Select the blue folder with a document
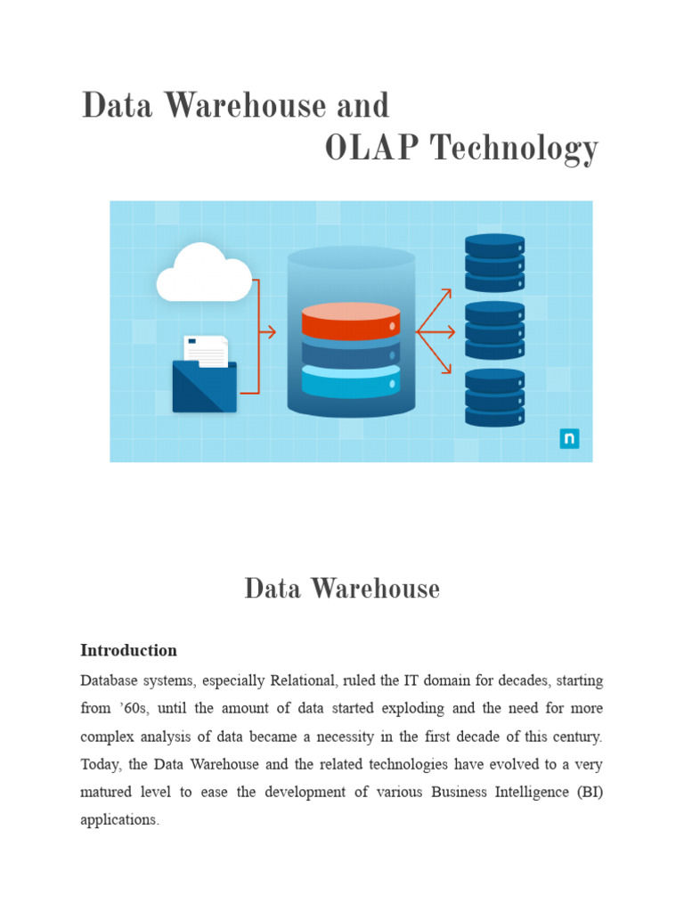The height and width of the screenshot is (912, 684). (x=205, y=376)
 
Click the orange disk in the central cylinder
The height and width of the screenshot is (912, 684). (x=351, y=323)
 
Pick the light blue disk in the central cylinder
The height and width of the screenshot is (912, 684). (x=351, y=382)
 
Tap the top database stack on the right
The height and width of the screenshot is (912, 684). (x=494, y=263)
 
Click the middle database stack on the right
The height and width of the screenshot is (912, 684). (x=494, y=330)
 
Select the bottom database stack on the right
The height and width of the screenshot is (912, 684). (x=494, y=398)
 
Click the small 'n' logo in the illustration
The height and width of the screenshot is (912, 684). (x=569, y=438)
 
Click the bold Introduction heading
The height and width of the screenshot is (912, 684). (x=128, y=650)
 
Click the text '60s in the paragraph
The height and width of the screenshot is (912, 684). (x=134, y=708)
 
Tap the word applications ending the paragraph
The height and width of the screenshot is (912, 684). (x=119, y=819)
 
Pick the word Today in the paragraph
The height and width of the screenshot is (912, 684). (x=102, y=764)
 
